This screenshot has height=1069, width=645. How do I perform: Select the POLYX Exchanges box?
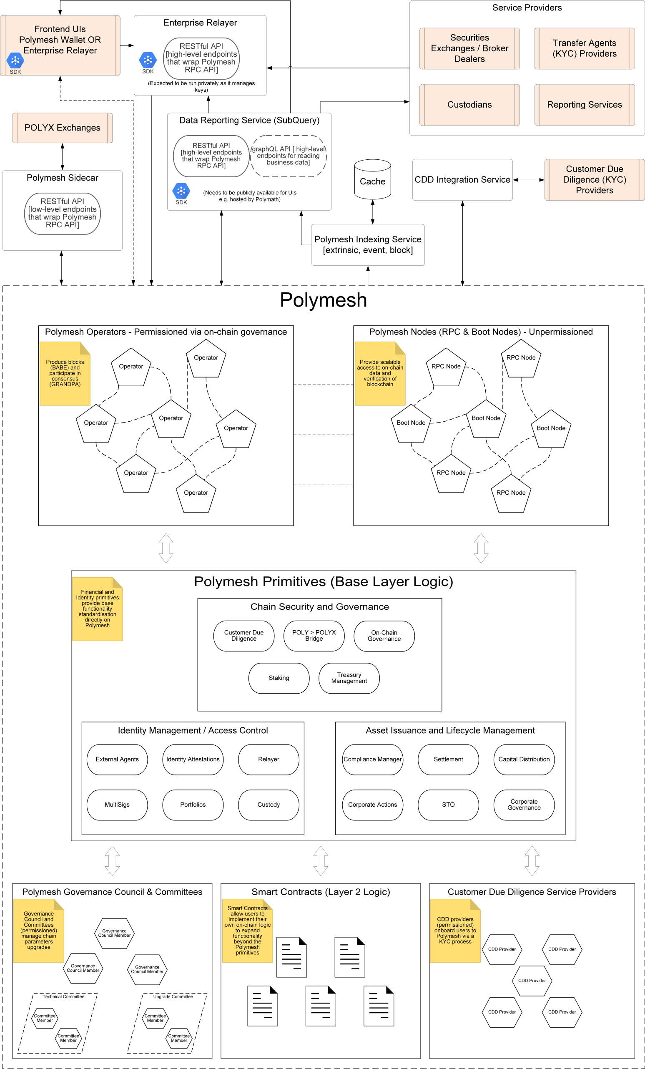(62, 128)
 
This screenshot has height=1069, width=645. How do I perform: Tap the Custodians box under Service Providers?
(469, 105)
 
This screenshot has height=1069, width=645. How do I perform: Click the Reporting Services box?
(584, 105)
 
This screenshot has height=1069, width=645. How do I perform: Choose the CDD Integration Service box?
(462, 180)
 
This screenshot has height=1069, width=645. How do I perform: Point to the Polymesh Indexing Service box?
(367, 245)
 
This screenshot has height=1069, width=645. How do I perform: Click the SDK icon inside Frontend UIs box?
(15, 61)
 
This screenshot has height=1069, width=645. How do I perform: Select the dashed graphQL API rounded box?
(288, 156)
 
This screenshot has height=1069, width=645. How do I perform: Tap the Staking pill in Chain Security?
(279, 678)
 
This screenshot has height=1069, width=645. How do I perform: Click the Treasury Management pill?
(349, 678)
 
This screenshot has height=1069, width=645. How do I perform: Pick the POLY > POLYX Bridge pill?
(314, 636)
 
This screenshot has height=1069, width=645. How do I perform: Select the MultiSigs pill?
(117, 804)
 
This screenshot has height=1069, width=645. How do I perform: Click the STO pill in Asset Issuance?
(448, 804)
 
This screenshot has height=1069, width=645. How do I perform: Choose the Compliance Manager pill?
(372, 759)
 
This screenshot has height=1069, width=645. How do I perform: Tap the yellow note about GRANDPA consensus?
(65, 373)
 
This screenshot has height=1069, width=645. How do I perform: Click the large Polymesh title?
(323, 300)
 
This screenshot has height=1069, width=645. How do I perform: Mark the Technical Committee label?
(63, 996)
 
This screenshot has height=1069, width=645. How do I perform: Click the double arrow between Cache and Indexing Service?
(372, 212)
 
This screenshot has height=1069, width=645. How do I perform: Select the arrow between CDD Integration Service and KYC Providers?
(528, 180)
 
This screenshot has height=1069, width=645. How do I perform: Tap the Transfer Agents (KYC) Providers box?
(584, 48)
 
